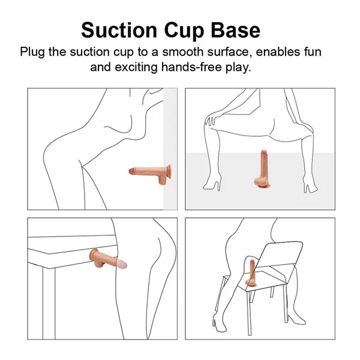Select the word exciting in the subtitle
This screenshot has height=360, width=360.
[x=134, y=67]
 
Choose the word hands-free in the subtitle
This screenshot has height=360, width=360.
[x=191, y=67]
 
